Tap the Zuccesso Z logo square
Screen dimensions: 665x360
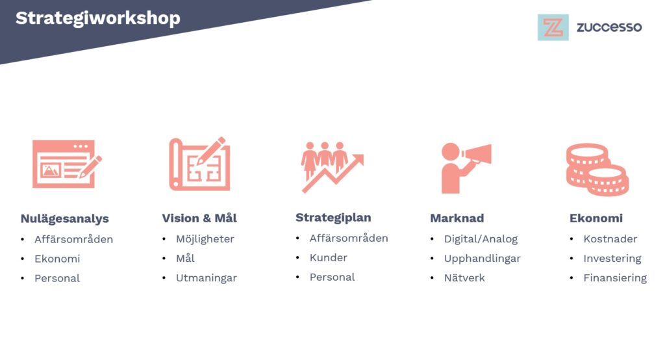pyautogui.click(x=553, y=27)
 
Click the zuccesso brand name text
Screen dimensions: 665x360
pyautogui.click(x=609, y=27)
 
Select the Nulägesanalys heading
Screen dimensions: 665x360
pyautogui.click(x=65, y=219)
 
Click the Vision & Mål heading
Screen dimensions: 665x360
pyautogui.click(x=199, y=218)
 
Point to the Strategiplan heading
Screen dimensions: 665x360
pyautogui.click(x=333, y=218)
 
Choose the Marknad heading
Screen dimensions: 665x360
pyautogui.click(x=457, y=218)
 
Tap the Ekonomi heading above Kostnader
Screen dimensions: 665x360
pyautogui.click(x=596, y=218)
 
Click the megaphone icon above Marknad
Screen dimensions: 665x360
pyautogui.click(x=466, y=168)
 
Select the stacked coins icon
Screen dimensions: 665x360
pyautogui.click(x=597, y=170)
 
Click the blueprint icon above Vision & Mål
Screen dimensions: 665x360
pyautogui.click(x=199, y=164)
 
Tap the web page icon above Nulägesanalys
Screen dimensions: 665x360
pyautogui.click(x=67, y=164)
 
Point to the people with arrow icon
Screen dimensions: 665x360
pyautogui.click(x=332, y=167)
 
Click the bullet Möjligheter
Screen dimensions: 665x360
pyautogui.click(x=205, y=239)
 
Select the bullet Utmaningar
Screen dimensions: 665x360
pyautogui.click(x=206, y=278)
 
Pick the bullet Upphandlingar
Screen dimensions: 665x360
pyautogui.click(x=483, y=259)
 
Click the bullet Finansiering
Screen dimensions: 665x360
pyautogui.click(x=615, y=278)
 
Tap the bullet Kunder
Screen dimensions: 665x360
pyautogui.click(x=328, y=258)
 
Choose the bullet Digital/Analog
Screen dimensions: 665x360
pyautogui.click(x=481, y=239)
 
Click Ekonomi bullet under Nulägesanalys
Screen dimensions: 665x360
pyautogui.click(x=57, y=259)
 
